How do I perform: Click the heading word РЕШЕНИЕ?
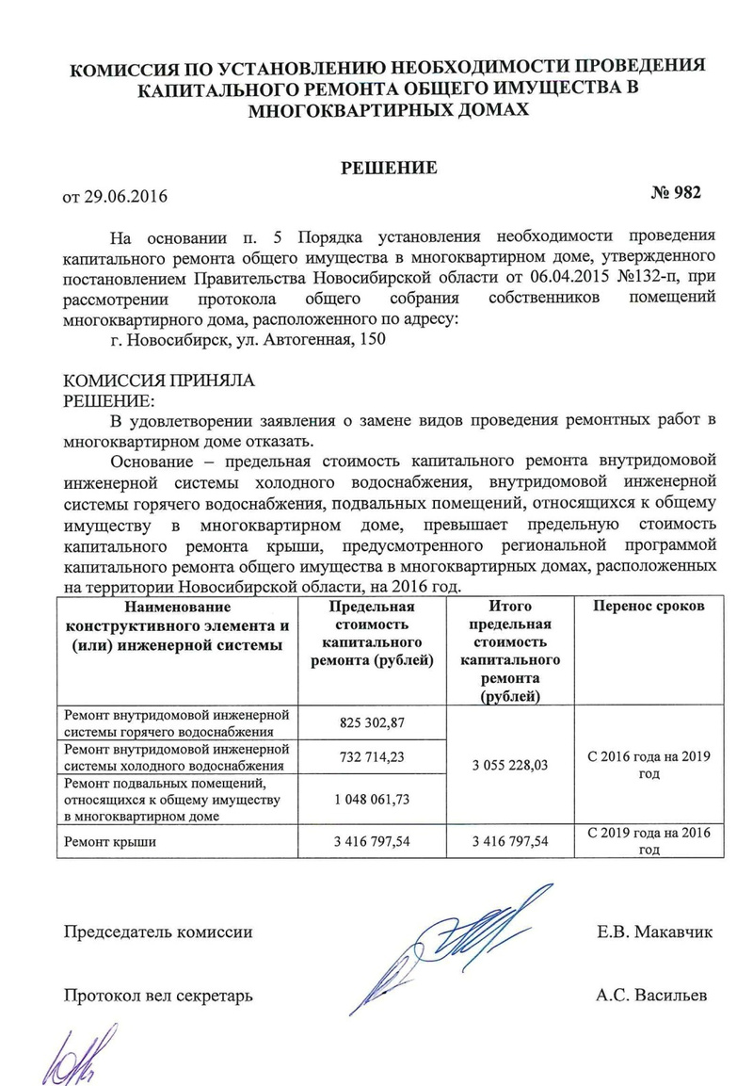(x=388, y=169)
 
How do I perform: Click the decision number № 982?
(x=676, y=192)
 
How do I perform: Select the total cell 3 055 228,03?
(x=510, y=766)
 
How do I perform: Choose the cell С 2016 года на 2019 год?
(x=648, y=765)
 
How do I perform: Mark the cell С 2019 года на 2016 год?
(x=648, y=841)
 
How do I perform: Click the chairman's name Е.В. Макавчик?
(x=654, y=932)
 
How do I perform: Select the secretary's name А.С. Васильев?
(x=651, y=995)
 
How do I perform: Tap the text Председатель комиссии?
(x=157, y=932)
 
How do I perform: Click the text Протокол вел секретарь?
(x=158, y=995)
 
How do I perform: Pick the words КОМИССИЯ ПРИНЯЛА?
(x=157, y=381)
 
